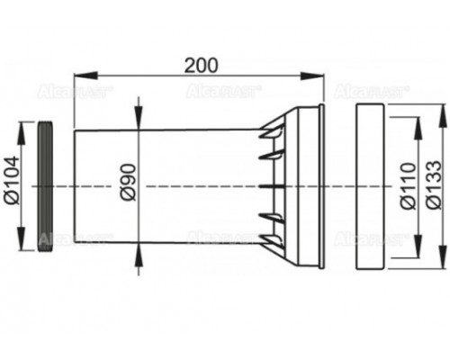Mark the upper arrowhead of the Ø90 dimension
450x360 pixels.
click(138, 123)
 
